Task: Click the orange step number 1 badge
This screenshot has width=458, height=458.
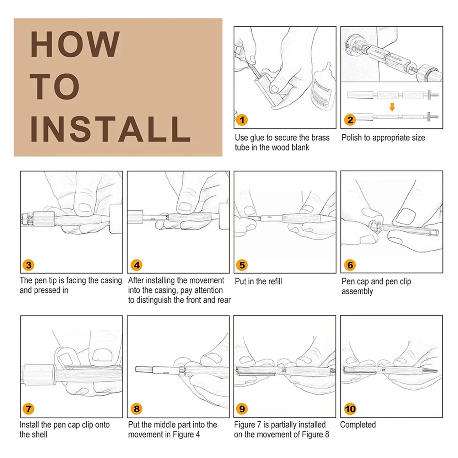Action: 242,120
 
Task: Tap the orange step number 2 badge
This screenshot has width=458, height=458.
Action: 350,120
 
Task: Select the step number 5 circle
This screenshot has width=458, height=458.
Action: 242,265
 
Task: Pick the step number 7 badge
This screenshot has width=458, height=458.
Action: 29,409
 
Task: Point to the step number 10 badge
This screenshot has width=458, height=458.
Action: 350,409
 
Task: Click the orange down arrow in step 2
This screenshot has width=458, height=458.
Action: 392,107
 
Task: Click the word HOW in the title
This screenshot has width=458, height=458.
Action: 75,44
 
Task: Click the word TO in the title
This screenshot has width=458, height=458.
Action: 55,87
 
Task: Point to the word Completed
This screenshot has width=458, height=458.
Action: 358,424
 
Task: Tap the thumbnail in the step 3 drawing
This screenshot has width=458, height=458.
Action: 85,208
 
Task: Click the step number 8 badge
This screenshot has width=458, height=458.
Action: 136,409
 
